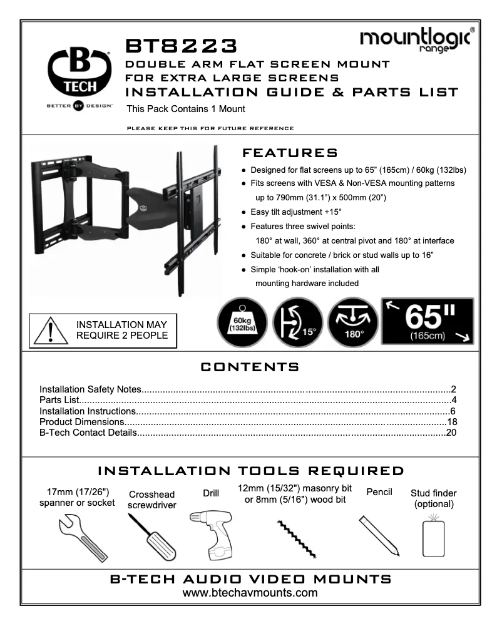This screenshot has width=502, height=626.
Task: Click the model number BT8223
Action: click(182, 46)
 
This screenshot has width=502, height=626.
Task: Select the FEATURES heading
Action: click(289, 153)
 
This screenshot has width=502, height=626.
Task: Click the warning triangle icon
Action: click(49, 329)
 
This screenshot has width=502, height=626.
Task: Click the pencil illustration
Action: click(379, 533)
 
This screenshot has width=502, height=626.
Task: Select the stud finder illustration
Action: click(431, 535)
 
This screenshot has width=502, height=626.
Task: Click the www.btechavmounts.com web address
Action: click(250, 592)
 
